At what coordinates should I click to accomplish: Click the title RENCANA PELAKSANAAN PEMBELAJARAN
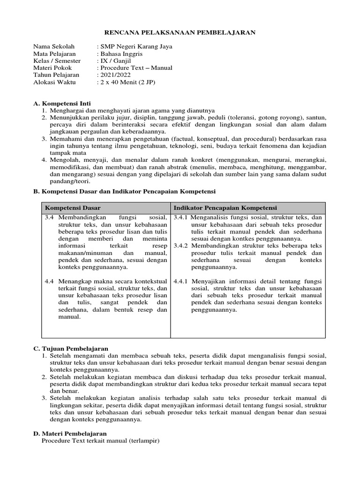tap(180, 32)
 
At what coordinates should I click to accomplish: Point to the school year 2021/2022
tap(113, 75)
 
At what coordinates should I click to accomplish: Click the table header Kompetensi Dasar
tap(73, 208)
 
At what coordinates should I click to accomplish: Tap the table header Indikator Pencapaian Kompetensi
tap(225, 208)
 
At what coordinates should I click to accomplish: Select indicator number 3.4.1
tap(181, 218)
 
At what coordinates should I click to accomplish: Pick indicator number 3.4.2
tap(181, 246)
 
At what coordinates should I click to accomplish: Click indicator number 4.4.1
tap(181, 282)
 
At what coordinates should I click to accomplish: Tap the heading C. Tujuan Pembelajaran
tap(70, 349)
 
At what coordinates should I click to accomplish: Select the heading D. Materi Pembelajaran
tap(70, 434)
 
